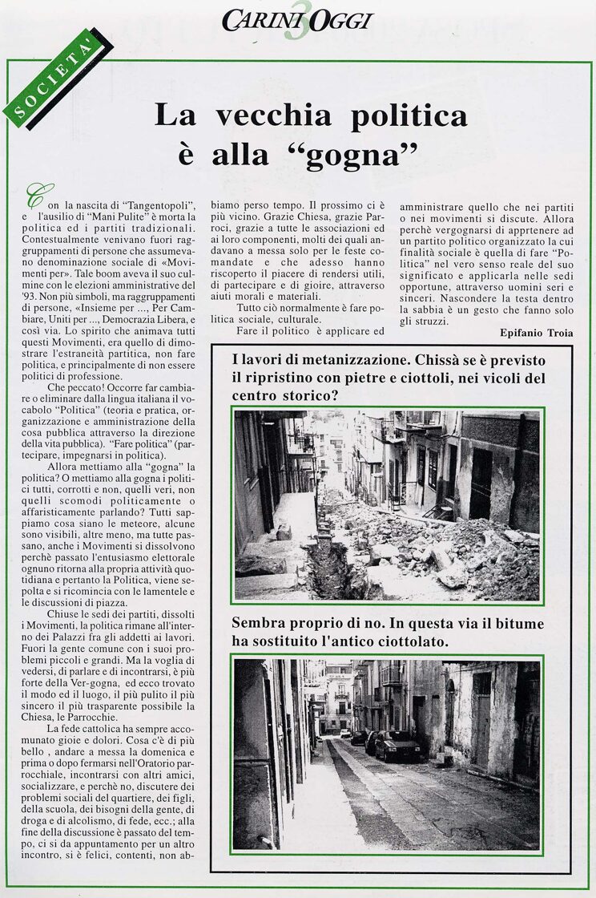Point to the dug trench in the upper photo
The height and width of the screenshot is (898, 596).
(x=328, y=561)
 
